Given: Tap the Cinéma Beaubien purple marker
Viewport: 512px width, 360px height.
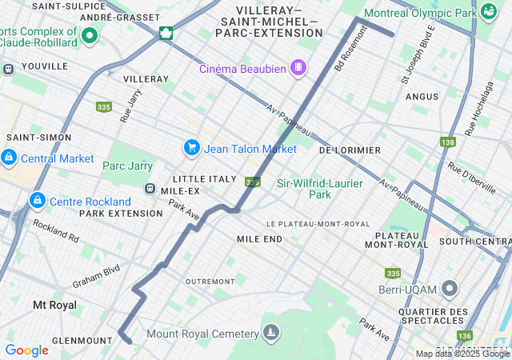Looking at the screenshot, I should pyautogui.click(x=298, y=68).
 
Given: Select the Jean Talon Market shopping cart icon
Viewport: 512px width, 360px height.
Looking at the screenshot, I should pyautogui.click(x=191, y=148).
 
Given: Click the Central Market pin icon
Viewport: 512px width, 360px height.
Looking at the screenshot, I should pyautogui.click(x=9, y=157).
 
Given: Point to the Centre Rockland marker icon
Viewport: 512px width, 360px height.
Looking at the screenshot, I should pyautogui.click(x=37, y=200).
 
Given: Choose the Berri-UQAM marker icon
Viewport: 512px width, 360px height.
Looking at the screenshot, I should pyautogui.click(x=450, y=287).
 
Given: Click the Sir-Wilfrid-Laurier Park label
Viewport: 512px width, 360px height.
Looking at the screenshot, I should pyautogui.click(x=319, y=189).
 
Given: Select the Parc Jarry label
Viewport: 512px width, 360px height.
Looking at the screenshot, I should pyautogui.click(x=128, y=166).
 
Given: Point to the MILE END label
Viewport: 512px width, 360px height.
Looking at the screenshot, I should pyautogui.click(x=259, y=239).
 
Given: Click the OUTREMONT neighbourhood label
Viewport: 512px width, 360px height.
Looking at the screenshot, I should pyautogui.click(x=210, y=282).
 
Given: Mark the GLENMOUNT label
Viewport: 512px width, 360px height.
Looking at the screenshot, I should pyautogui.click(x=82, y=340).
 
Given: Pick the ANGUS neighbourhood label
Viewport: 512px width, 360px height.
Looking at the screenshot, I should pyautogui.click(x=422, y=97).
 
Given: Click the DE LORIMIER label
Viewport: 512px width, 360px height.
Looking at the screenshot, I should pyautogui.click(x=350, y=150).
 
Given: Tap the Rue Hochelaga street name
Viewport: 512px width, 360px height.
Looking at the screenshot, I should pyautogui.click(x=481, y=107).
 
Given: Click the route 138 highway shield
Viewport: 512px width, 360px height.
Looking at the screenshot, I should pyautogui.click(x=447, y=142).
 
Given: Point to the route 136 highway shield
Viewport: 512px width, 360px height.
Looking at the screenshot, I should pyautogui.click(x=465, y=336).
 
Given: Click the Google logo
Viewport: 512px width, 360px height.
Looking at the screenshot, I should pyautogui.click(x=26, y=350).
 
